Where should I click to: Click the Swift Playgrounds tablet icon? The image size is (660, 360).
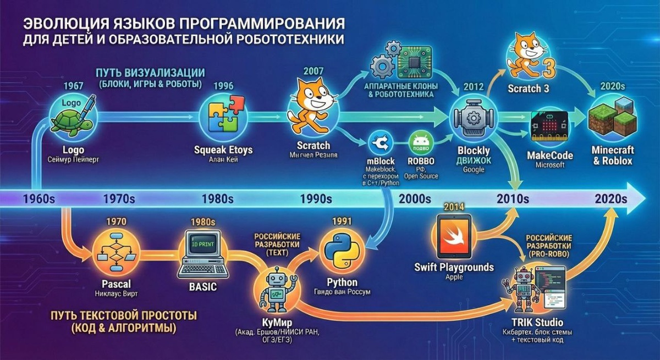click(x=455, y=236)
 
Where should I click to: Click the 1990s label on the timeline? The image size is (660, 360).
click(x=317, y=198)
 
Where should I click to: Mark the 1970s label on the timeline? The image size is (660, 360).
click(x=118, y=198)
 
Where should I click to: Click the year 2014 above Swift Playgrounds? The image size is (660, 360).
click(x=454, y=207)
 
